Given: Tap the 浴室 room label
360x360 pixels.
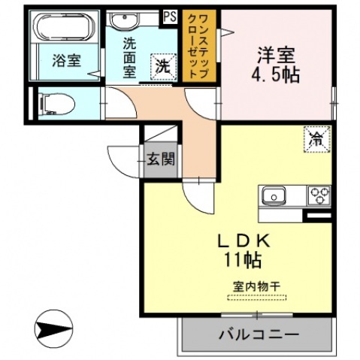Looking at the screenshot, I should [x=66, y=61].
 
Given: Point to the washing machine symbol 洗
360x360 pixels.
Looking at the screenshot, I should [x=162, y=65].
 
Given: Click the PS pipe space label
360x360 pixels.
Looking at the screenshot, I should [x=169, y=16].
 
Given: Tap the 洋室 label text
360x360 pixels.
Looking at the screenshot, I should [x=276, y=54].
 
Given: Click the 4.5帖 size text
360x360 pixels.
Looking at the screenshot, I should [x=276, y=74].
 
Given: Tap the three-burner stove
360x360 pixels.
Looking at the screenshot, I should [x=318, y=195].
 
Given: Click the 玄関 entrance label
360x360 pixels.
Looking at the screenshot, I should [x=160, y=159].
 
